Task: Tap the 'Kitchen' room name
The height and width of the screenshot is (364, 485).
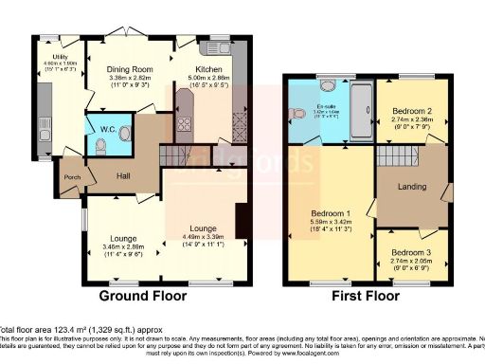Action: [x=210, y=69]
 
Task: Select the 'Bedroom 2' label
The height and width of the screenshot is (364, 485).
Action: [x=412, y=110]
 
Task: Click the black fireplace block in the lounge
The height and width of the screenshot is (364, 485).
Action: [x=244, y=217]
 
